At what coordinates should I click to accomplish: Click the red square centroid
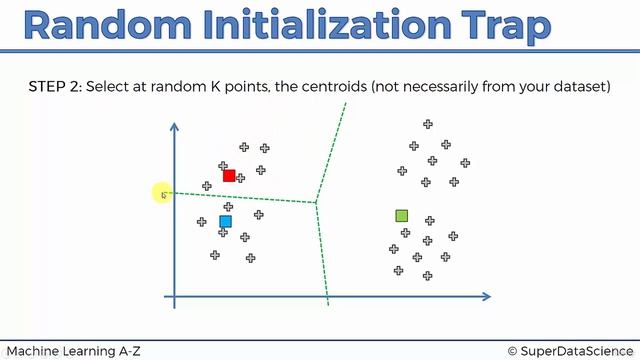229,176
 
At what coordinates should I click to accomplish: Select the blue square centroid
225,221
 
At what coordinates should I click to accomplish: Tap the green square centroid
402,215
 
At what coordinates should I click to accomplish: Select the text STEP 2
55,88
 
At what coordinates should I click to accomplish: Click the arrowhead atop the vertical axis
174,127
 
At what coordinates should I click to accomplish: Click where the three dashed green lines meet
316,204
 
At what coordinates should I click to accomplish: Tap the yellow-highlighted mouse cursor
163,194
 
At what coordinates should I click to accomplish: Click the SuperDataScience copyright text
570,350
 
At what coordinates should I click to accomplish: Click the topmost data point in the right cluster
427,124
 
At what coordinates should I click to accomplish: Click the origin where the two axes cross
174,296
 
